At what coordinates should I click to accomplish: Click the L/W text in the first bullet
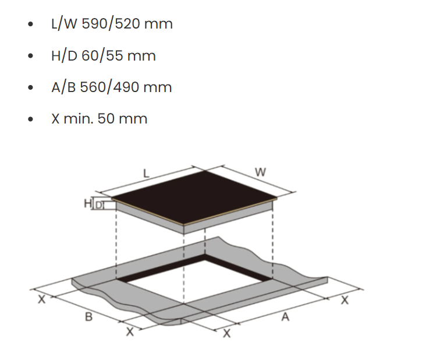point(64,23)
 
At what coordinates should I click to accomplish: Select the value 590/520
point(111,23)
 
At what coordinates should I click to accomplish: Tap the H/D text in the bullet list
point(64,55)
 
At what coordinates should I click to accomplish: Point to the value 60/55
point(102,55)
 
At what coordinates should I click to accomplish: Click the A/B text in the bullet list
point(63,87)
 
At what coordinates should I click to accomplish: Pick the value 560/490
point(110,87)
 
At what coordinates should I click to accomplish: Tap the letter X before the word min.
point(55,118)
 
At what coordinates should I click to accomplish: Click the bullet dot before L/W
point(31,24)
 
